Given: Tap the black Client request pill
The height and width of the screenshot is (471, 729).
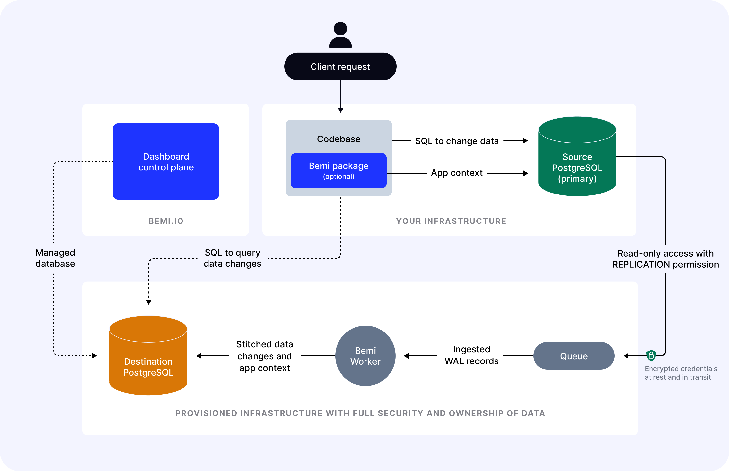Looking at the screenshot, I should click(x=340, y=66).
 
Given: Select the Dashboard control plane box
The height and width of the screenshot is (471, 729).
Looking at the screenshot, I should click(x=166, y=162).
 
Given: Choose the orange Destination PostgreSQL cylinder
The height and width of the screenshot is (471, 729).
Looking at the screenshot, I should click(x=148, y=361).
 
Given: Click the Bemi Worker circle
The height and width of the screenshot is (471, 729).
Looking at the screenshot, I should click(x=365, y=356).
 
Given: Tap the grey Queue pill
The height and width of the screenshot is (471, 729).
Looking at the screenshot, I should click(x=574, y=356).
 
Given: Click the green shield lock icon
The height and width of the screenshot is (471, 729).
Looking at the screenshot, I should click(x=651, y=355).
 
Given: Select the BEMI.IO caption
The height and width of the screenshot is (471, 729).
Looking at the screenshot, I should click(x=166, y=221).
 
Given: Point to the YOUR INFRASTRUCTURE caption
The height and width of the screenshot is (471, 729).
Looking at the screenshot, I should click(x=451, y=221).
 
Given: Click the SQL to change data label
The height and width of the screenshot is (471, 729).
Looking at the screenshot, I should click(x=457, y=141).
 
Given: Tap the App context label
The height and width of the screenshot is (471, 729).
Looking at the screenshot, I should click(x=457, y=173).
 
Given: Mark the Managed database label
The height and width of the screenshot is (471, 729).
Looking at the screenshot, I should click(x=55, y=258).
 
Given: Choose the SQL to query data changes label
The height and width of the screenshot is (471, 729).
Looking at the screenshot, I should click(x=232, y=258).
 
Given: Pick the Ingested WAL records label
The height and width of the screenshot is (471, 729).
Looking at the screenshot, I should click(x=471, y=355).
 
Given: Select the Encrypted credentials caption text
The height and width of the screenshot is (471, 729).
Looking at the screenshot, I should click(x=681, y=373).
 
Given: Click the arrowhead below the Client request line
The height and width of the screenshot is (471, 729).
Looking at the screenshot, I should click(x=340, y=110).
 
